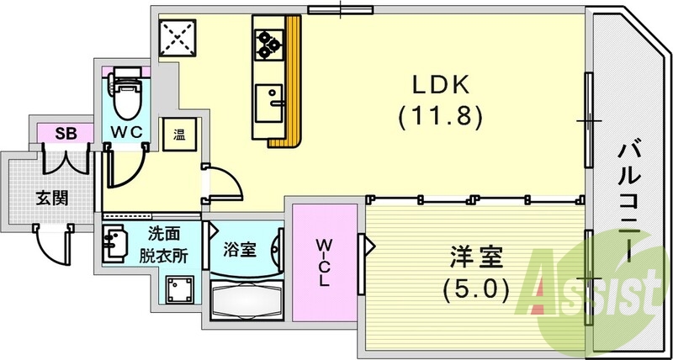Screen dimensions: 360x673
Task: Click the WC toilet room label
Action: click(x=126, y=133)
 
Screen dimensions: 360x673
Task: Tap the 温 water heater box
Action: click(x=179, y=132)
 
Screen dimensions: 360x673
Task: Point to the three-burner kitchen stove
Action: click(x=268, y=44)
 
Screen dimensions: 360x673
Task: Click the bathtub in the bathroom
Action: click(x=246, y=300)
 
